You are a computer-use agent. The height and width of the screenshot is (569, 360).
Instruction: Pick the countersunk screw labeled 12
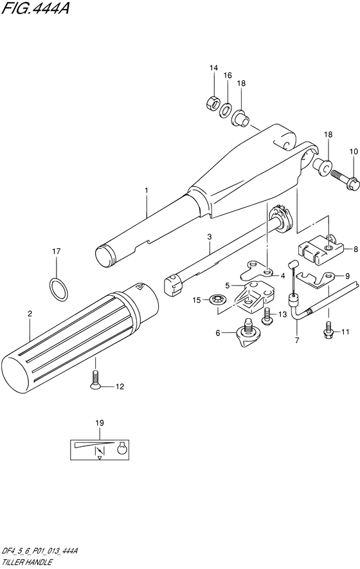pyautogui.click(x=96, y=381)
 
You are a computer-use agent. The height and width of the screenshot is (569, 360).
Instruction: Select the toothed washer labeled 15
pyautogui.click(x=217, y=300)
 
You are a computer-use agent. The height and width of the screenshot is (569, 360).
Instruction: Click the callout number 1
pyautogui.click(x=147, y=190)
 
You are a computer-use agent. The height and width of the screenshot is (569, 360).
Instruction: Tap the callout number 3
pyautogui.click(x=210, y=237)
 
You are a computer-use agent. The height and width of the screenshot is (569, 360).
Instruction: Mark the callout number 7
pyautogui.click(x=297, y=340)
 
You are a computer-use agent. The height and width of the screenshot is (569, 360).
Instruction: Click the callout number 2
pyautogui.click(x=30, y=313)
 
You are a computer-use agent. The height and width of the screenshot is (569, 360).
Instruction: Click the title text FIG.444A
pyautogui.click(x=35, y=8)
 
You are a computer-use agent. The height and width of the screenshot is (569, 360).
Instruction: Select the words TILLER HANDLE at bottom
pyautogui.click(x=26, y=563)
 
